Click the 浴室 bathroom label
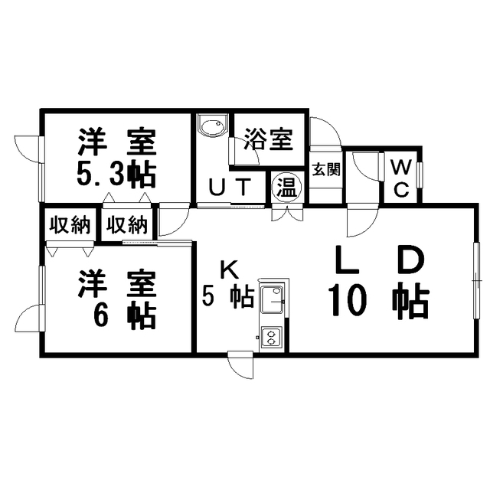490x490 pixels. click(x=269, y=139)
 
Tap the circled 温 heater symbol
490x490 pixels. click(x=287, y=188)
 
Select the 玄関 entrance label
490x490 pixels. click(x=326, y=169)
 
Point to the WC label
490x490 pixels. click(x=401, y=178)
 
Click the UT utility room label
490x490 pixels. click(x=230, y=187)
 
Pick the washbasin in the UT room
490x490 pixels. click(x=213, y=126)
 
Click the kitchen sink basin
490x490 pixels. click(x=273, y=299)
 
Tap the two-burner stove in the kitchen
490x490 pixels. click(x=272, y=337)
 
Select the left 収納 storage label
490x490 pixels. click(x=70, y=224)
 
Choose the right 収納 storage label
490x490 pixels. click(x=127, y=224)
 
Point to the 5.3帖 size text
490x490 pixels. click(x=116, y=176)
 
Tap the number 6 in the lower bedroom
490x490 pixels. click(x=102, y=315)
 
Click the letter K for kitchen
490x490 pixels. click(x=230, y=270)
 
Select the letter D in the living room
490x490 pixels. click(x=412, y=260)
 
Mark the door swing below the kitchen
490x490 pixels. click(x=240, y=365)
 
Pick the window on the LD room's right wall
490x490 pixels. click(x=476, y=280)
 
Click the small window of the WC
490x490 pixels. click(x=420, y=175)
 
